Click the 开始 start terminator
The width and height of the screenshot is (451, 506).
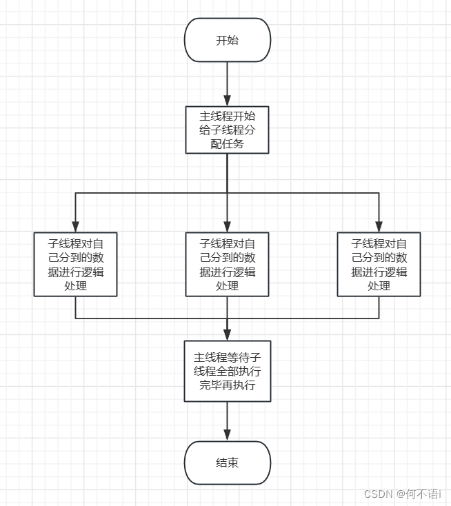pyautogui.click(x=227, y=40)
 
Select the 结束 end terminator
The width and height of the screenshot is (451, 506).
pyautogui.click(x=227, y=463)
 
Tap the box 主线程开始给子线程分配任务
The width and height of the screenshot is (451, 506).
pyautogui.click(x=227, y=130)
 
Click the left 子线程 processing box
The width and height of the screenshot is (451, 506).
pyautogui.click(x=76, y=264)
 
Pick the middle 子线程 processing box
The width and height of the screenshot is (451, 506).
pyautogui.click(x=227, y=264)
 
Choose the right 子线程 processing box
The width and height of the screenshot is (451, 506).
pyautogui.click(x=379, y=264)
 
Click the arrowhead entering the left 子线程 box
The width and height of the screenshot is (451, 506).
pyautogui.click(x=76, y=226)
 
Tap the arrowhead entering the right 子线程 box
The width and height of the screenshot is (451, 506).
pyautogui.click(x=379, y=226)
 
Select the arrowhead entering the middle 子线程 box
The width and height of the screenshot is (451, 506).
pyautogui.click(x=227, y=226)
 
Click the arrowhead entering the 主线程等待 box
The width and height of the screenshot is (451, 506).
pyautogui.click(x=227, y=334)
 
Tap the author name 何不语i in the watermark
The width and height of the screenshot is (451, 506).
pyautogui.click(x=423, y=494)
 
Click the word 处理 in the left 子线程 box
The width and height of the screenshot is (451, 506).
pyautogui.click(x=76, y=285)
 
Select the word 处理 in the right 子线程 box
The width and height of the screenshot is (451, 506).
pyautogui.click(x=379, y=285)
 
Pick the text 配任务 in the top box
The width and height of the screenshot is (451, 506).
pyautogui.click(x=227, y=144)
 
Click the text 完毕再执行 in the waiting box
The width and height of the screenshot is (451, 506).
pyautogui.click(x=227, y=385)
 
